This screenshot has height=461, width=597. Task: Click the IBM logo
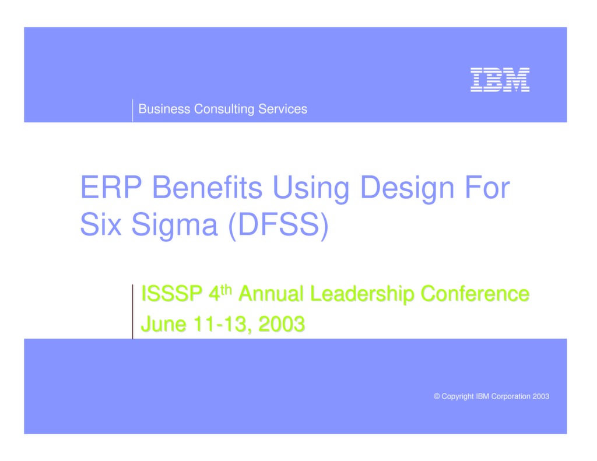500,80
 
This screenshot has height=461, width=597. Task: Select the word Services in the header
283,109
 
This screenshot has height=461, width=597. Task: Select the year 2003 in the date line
281,324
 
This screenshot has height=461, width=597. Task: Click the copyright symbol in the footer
437,397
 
